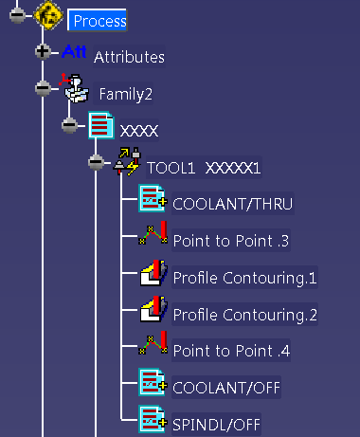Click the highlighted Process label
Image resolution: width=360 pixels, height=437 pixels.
[99, 20]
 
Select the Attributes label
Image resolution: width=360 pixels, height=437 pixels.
[129, 57]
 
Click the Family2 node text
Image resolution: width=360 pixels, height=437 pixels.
[126, 94]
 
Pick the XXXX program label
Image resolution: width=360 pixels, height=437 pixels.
[138, 130]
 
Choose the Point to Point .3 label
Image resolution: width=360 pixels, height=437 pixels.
[230, 241]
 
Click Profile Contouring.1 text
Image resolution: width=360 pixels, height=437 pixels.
[244, 278]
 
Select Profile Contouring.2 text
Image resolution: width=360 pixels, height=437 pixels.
[244, 314]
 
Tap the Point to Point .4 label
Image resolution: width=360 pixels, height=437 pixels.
[230, 351]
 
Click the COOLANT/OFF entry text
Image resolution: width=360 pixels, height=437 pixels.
[226, 387]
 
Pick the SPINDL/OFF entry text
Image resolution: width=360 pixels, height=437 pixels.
[217, 424]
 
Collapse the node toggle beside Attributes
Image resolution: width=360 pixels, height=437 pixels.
[43, 52]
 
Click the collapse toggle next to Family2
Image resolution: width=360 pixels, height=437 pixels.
[43, 88]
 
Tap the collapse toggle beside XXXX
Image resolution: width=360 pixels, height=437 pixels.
[69, 125]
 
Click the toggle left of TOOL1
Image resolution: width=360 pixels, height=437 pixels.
[96, 162]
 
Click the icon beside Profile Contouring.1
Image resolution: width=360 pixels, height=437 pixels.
[153, 276]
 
